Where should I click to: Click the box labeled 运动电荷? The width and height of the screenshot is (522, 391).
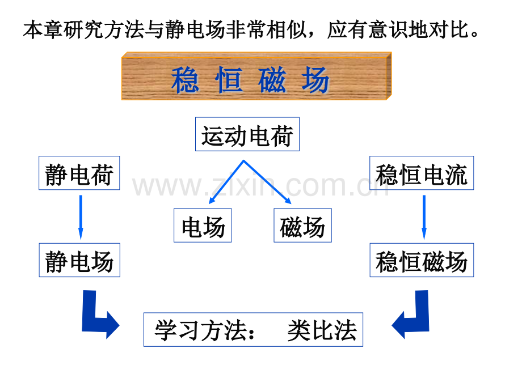247,134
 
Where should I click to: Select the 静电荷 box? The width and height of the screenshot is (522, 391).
79,173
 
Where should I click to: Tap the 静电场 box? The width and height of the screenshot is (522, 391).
79,260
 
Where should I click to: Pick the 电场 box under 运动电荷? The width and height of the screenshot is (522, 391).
203,225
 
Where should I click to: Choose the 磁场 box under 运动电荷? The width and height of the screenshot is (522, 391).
302,225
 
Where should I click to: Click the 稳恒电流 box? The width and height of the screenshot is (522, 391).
422,173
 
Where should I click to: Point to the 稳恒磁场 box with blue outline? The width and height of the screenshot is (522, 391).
422,260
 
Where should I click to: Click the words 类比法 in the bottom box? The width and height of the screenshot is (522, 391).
322,330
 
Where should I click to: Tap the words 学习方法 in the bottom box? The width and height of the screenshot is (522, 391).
200,330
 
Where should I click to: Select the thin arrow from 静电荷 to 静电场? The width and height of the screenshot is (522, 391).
81,217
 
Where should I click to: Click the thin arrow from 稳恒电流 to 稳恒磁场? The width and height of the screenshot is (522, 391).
424,217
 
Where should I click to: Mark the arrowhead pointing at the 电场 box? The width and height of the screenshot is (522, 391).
212,201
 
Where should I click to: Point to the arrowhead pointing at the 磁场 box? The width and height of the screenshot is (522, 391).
288,201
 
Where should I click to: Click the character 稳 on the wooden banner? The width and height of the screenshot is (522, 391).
185,79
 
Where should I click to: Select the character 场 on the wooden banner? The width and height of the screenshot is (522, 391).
315,79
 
